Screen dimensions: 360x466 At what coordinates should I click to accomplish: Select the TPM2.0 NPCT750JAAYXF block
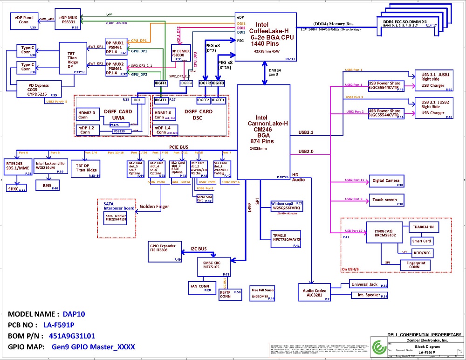(x=286, y=236)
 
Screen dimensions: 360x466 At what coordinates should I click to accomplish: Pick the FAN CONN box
(x=200, y=287)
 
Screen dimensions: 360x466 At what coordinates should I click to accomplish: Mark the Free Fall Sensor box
(x=263, y=293)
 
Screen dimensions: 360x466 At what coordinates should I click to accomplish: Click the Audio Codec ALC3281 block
(x=314, y=292)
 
